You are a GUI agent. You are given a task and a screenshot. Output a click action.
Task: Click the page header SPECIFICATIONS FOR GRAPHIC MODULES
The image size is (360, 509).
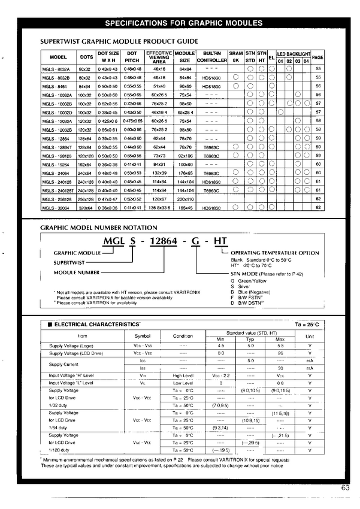[184, 23]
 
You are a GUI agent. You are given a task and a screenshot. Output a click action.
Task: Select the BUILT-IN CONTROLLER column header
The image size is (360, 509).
[212, 57]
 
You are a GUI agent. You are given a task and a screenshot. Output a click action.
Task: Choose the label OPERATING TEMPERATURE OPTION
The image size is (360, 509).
[275, 253]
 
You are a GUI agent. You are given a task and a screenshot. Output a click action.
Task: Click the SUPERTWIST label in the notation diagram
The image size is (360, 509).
[69, 262]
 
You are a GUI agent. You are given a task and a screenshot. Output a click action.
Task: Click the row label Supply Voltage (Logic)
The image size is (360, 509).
[70, 346]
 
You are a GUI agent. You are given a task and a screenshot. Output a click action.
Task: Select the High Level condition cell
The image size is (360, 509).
[183, 375]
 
